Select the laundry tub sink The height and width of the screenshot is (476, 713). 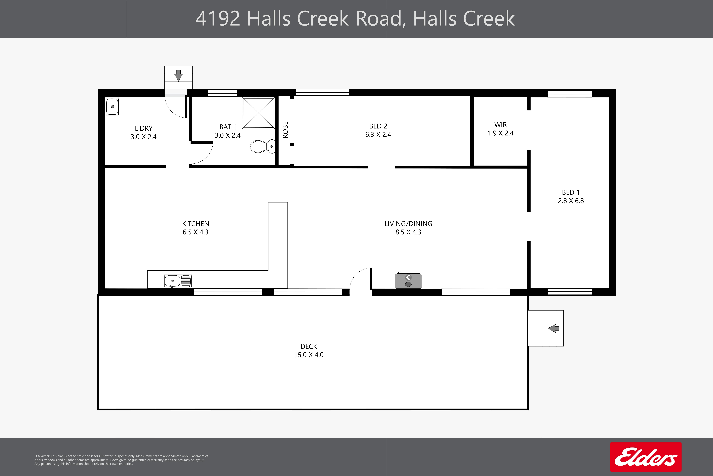pos(112,107)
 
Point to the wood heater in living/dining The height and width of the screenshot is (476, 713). pos(408,280)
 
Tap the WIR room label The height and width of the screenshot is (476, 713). pos(500,125)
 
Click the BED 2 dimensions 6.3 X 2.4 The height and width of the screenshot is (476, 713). pos(378,134)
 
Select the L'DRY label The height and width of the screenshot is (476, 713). pos(144,128)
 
